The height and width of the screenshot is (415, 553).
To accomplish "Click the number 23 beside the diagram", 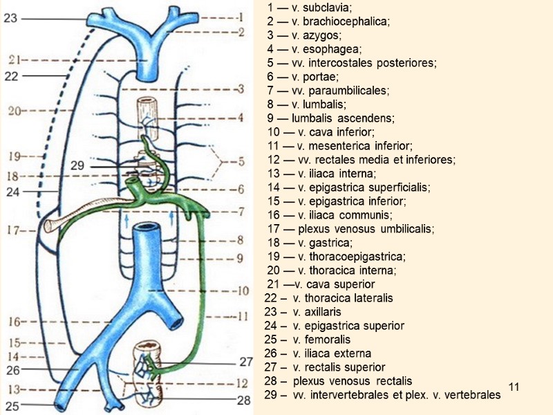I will point(10,19).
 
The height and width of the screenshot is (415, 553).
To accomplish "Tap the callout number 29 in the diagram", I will point(77,165).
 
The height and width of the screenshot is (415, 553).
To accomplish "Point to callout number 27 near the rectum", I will point(247,362).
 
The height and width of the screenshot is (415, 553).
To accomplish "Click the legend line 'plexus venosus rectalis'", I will point(352,381).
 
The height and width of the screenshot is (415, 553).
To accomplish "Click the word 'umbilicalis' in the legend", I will point(409,228).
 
